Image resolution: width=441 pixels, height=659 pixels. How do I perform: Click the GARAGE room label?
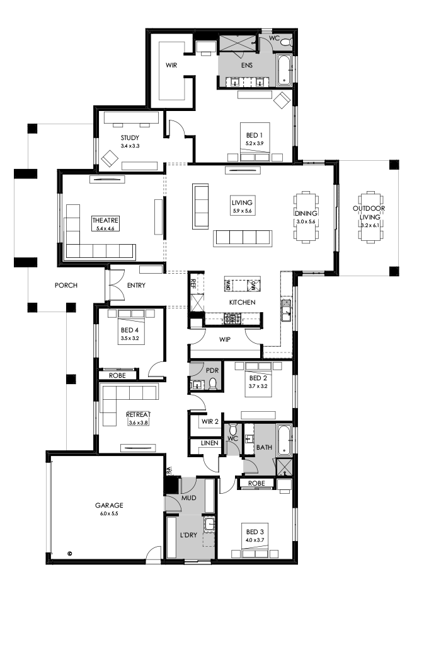click(x=109, y=505)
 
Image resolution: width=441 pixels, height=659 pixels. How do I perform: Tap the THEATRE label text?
click(x=105, y=220)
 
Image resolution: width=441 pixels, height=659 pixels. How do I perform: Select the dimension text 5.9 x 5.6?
click(x=242, y=211)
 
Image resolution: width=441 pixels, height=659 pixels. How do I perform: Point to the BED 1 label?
click(x=254, y=135)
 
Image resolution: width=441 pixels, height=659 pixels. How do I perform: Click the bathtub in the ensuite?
click(x=285, y=69)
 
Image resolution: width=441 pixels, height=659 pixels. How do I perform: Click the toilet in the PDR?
click(x=213, y=384)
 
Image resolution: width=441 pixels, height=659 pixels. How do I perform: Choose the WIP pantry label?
click(x=224, y=339)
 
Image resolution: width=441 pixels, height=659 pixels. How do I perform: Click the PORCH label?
click(x=66, y=286)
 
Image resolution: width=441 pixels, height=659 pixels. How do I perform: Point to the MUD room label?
click(x=190, y=497)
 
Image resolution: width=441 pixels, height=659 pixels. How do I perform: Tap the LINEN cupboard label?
click(x=210, y=443)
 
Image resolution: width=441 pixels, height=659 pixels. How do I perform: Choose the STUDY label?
click(x=130, y=137)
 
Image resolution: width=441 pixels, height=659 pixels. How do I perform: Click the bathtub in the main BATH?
click(x=285, y=440)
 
